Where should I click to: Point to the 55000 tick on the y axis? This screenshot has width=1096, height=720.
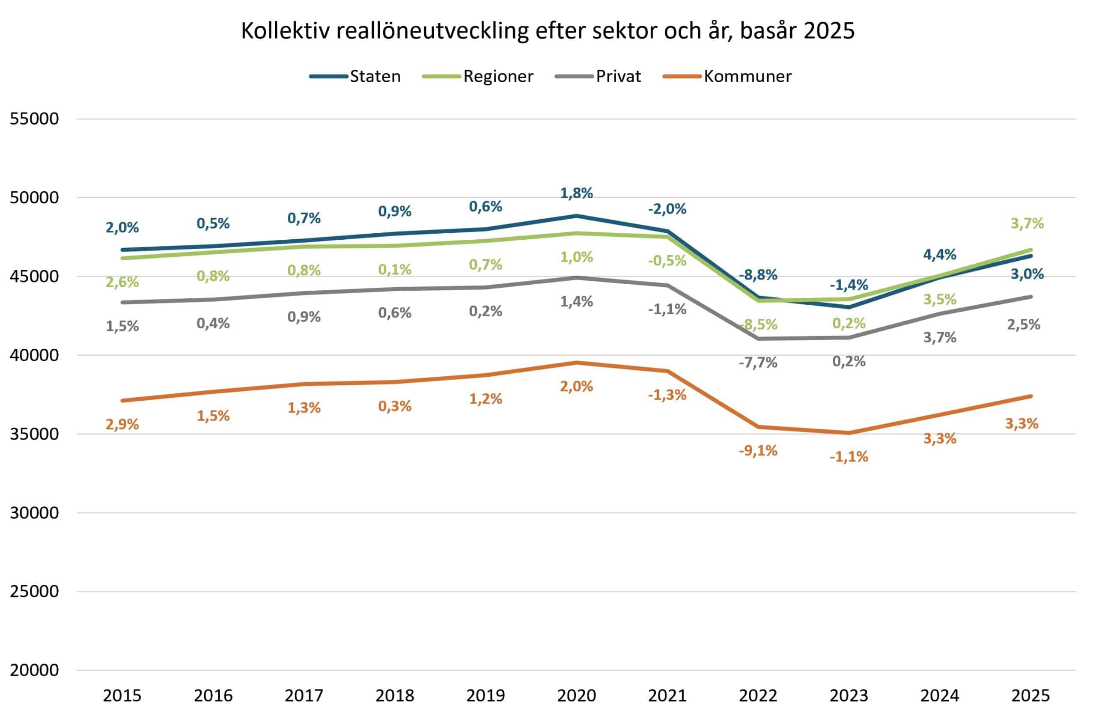click(x=35, y=119)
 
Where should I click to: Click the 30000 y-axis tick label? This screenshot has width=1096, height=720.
click(x=35, y=512)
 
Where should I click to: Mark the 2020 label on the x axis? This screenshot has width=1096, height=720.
click(x=577, y=695)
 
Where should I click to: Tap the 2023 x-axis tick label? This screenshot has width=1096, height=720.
click(x=849, y=695)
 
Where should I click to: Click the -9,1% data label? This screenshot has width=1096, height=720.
click(x=758, y=450)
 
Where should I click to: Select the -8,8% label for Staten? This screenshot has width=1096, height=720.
click(x=758, y=275)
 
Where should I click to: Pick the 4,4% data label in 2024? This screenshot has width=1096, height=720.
click(x=939, y=254)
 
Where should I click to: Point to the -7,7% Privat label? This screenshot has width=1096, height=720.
click(x=758, y=363)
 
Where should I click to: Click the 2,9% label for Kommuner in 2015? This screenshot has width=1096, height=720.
click(x=122, y=424)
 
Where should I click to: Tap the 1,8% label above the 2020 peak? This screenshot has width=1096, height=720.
click(x=577, y=193)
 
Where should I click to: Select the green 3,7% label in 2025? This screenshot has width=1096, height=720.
click(x=1027, y=223)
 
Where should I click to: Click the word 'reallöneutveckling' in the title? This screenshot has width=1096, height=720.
click(x=432, y=31)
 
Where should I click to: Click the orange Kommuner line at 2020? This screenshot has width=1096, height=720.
click(x=577, y=363)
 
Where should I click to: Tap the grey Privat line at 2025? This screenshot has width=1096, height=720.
click(x=1030, y=297)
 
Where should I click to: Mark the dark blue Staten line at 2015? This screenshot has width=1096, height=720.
click(x=122, y=250)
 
